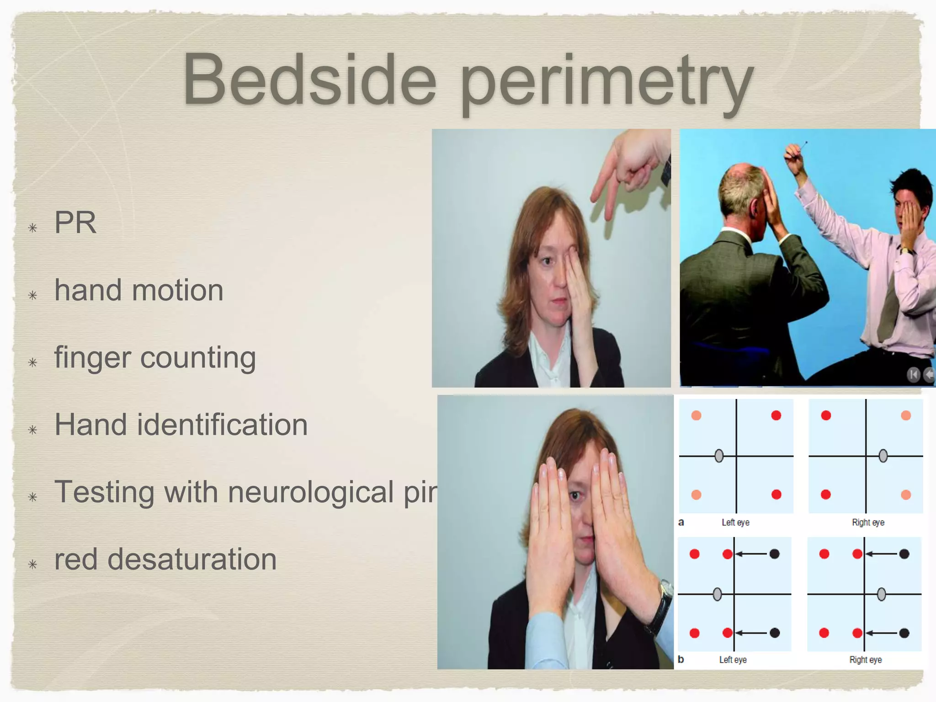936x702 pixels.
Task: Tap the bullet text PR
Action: click(75, 223)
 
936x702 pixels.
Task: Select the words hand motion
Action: click(139, 290)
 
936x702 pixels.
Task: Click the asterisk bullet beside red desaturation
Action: click(32, 564)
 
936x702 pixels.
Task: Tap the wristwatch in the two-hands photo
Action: click(662, 606)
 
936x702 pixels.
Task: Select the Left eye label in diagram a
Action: click(735, 522)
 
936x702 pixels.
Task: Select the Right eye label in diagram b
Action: click(865, 659)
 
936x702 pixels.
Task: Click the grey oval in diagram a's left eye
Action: click(719, 456)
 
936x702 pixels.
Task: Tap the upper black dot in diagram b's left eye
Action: click(774, 554)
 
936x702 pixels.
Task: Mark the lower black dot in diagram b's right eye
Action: click(904, 633)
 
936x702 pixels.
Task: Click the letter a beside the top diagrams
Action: click(681, 522)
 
